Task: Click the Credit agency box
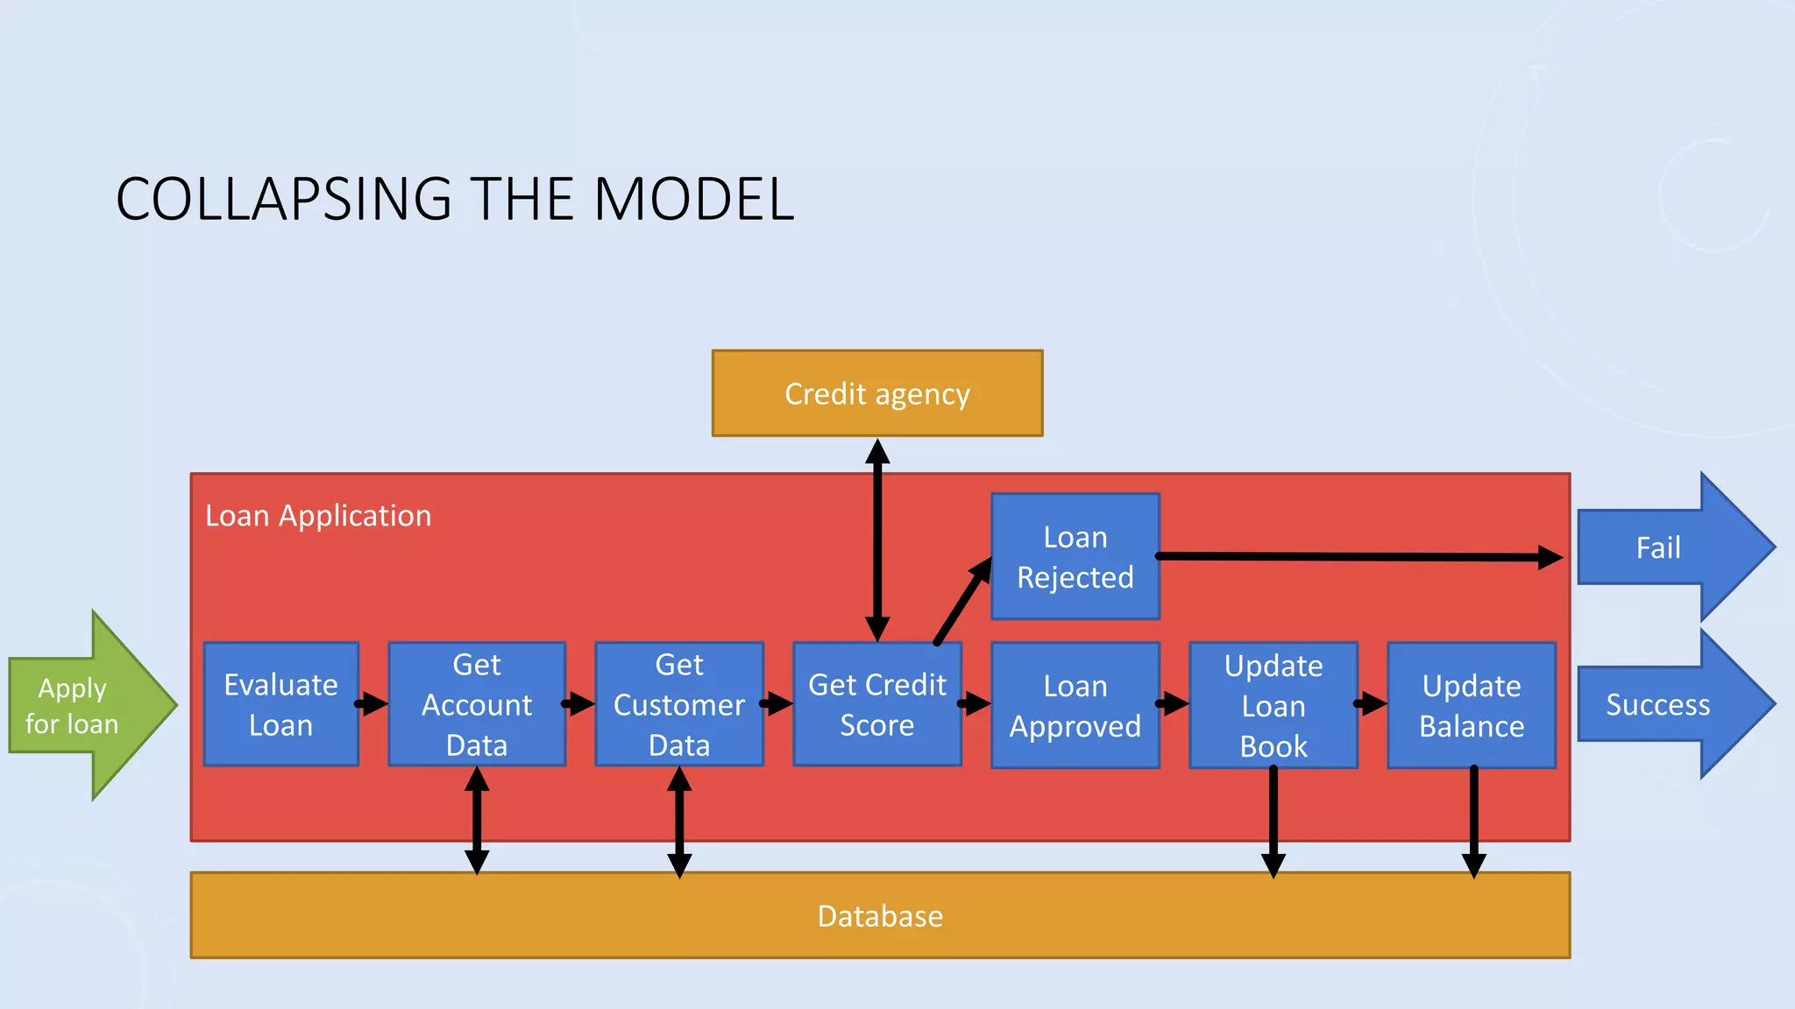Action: (877, 393)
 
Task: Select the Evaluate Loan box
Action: (280, 704)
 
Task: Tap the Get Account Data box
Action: (477, 704)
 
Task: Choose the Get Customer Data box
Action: (679, 704)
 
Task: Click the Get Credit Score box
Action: (877, 704)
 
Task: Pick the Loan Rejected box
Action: (1075, 557)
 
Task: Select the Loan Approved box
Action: (1075, 706)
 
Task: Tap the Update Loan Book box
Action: (1274, 706)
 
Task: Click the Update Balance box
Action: (1472, 706)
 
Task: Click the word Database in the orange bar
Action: (880, 916)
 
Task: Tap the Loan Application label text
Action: (318, 516)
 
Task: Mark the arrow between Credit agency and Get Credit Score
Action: (877, 539)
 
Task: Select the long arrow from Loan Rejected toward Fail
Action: (1359, 556)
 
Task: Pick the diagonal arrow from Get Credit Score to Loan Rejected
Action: (962, 603)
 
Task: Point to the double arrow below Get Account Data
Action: (477, 820)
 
